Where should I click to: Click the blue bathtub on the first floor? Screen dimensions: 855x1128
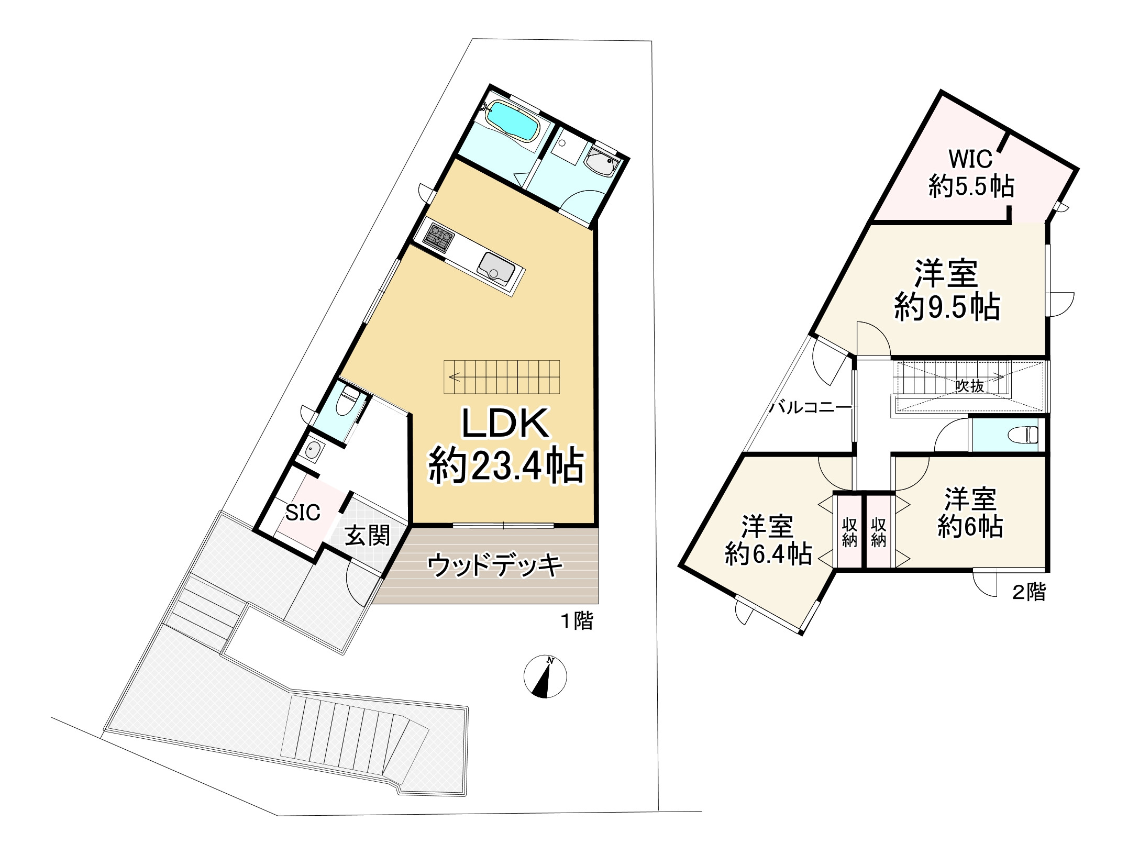[x=512, y=121]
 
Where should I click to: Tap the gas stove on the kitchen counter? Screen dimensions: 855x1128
[x=438, y=238]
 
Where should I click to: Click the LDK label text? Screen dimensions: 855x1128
[x=505, y=423]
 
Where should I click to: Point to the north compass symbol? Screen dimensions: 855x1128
[x=545, y=676]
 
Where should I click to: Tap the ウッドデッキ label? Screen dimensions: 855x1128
[x=494, y=565]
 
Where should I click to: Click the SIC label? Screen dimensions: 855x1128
[x=302, y=513]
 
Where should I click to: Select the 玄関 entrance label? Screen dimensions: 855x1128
[x=367, y=536]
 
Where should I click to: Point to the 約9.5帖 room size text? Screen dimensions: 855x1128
[x=947, y=307]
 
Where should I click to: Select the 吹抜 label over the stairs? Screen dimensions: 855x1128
[x=969, y=386]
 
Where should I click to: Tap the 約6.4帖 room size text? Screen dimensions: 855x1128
[x=768, y=554]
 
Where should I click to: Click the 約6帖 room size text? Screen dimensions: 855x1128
[x=970, y=527]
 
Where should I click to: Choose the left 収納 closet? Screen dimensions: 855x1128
[x=849, y=532]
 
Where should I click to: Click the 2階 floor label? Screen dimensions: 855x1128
[x=1029, y=592]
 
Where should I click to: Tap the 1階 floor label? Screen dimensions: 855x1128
[x=577, y=621]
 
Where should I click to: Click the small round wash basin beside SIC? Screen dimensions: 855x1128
[x=313, y=449]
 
